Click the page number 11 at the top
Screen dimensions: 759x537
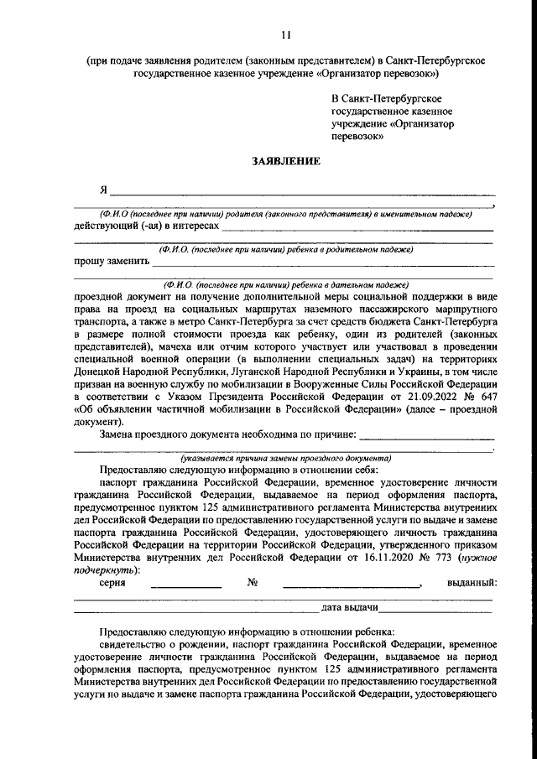click(287, 34)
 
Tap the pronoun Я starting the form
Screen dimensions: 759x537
click(103, 190)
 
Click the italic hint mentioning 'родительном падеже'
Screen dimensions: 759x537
click(286, 249)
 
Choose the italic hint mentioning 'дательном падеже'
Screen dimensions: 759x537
click(286, 284)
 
